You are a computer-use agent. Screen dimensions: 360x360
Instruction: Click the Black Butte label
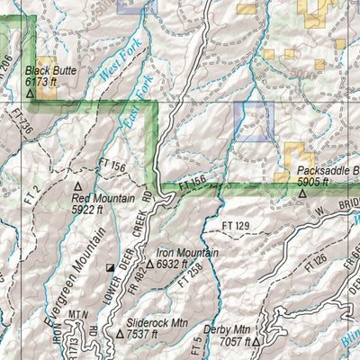tap(49, 69)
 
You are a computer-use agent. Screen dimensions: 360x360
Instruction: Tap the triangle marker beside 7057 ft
tap(256, 342)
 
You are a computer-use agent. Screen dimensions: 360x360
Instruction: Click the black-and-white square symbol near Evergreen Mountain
tap(111, 267)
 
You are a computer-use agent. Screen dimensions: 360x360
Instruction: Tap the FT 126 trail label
tap(315, 260)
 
